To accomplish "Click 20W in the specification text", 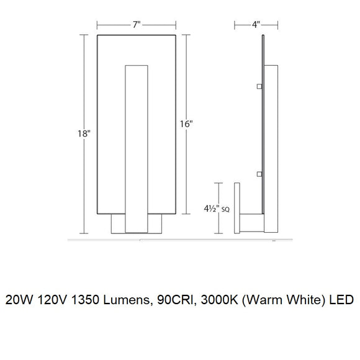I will coord(19,300).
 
